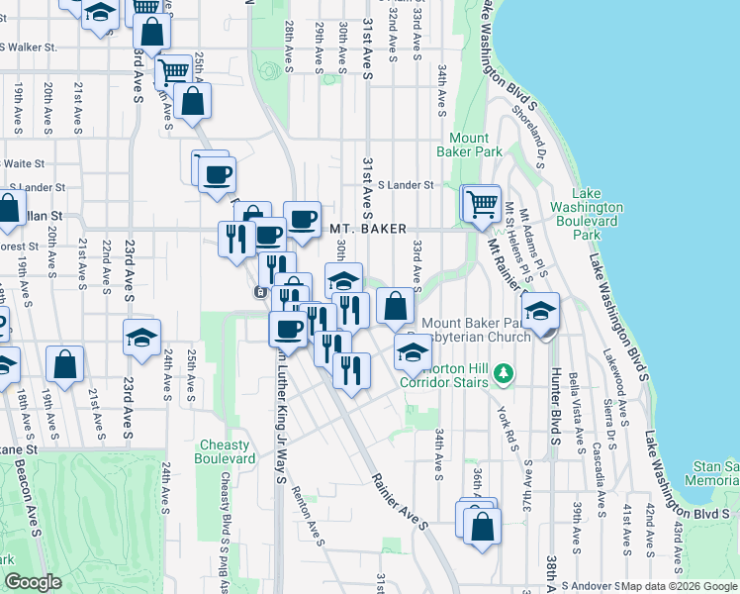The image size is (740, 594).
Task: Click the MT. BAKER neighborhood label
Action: tap(367, 229)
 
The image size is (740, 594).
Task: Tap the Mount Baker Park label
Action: tap(469, 145)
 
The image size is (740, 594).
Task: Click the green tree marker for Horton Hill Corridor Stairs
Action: tap(505, 372)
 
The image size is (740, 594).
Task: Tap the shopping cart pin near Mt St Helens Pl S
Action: tap(482, 204)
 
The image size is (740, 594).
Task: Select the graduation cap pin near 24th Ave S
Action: tap(142, 338)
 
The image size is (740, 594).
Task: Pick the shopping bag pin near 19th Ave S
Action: tap(65, 362)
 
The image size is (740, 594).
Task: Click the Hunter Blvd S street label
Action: tap(556, 407)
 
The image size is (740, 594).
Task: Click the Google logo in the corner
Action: tap(34, 583)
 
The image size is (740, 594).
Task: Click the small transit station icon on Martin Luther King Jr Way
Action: tap(259, 291)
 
